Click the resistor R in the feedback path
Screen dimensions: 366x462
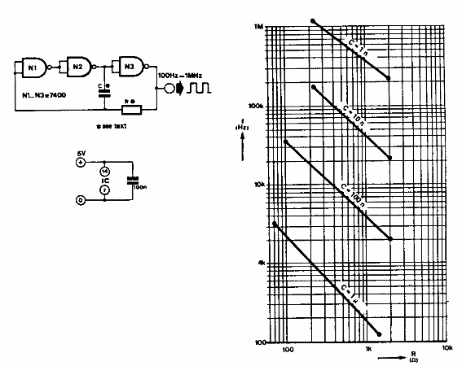click(130, 109)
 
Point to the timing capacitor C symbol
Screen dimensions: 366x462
click(103, 92)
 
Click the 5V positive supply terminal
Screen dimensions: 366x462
click(80, 163)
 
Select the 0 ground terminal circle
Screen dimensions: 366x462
click(80, 199)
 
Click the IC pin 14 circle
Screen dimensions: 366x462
click(103, 172)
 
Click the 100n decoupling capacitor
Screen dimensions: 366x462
click(130, 180)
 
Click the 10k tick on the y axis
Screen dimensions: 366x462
click(260, 185)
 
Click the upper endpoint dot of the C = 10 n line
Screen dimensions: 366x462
click(313, 86)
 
